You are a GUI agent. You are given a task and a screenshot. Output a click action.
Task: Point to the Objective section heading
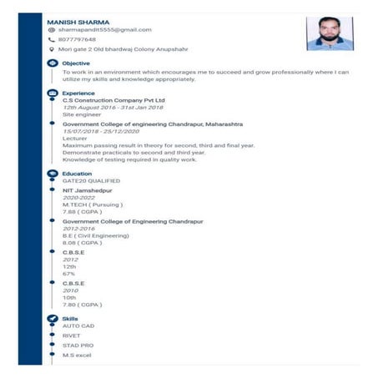tap(76, 63)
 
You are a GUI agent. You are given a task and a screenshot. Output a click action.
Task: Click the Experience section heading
tap(78, 93)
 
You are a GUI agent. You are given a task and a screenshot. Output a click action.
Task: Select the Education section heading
tap(78, 173)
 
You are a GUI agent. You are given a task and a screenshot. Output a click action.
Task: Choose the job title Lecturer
tap(75, 139)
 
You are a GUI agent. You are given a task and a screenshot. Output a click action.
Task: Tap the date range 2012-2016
tap(78, 229)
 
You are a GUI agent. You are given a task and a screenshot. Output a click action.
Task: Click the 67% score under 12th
tap(68, 273)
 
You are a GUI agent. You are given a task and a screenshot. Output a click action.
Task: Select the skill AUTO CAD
tap(78, 325)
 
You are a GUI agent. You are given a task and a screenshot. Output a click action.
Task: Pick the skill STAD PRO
tap(78, 345)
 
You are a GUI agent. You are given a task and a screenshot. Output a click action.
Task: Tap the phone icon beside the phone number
tap(52, 39)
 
